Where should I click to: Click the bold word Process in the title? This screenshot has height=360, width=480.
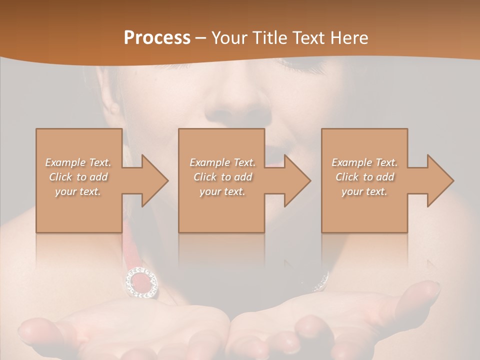[x=157, y=38]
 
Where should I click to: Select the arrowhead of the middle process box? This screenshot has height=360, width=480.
[x=297, y=180]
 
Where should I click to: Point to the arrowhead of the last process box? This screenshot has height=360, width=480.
[x=440, y=180]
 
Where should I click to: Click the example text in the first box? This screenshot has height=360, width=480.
[x=78, y=177]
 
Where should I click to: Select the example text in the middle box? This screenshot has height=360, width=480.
[x=222, y=177]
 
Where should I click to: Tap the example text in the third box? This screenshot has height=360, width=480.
[x=364, y=177]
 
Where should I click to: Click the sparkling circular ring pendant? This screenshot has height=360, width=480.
[x=141, y=282]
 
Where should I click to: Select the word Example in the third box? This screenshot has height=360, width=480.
[x=351, y=162]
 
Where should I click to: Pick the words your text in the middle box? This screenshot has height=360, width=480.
[x=222, y=191]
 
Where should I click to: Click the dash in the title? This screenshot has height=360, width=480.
[x=201, y=38]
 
